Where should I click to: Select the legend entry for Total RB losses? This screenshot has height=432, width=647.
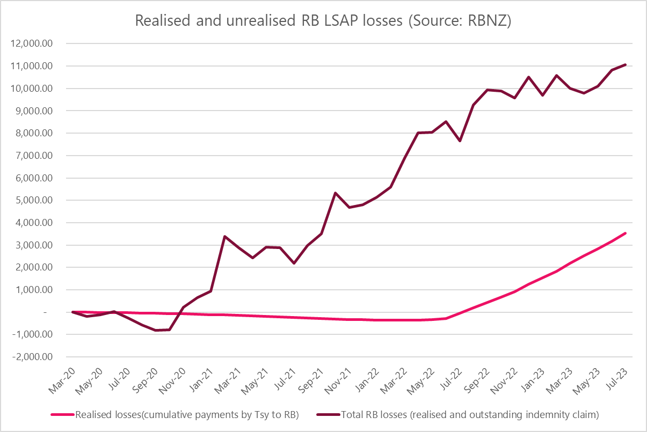(x=456, y=414)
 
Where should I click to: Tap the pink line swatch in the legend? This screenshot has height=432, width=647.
(x=62, y=414)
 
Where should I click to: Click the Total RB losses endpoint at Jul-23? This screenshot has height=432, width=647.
(x=626, y=64)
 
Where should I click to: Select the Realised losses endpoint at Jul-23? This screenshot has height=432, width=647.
(x=626, y=233)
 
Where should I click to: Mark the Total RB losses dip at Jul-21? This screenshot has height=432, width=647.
(x=294, y=263)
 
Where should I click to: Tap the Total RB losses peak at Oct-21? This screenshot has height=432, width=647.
(x=335, y=193)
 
